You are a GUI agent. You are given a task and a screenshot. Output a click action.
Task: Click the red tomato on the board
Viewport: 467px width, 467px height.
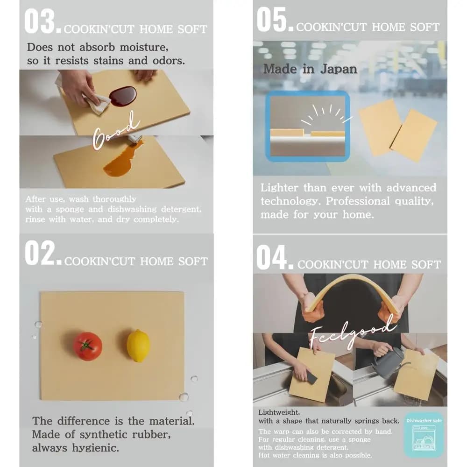pyautogui.click(x=88, y=346)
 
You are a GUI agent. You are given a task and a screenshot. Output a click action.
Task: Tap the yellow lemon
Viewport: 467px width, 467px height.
pyautogui.click(x=138, y=346)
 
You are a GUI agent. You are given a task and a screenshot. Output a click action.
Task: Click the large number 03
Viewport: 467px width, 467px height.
pyautogui.click(x=40, y=21)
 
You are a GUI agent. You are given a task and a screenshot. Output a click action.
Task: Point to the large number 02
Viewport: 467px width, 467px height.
pyautogui.click(x=40, y=253)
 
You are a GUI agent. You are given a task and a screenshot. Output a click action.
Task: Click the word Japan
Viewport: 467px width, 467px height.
pyautogui.click(x=339, y=69)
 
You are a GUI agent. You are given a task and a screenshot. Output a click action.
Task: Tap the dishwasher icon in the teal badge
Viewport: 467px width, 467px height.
pyautogui.click(x=424, y=438)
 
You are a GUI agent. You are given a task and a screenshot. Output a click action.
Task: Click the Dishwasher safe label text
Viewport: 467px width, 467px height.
pyautogui.click(x=424, y=421)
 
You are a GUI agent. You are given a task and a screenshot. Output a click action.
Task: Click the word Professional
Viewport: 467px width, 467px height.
pyautogui.click(x=357, y=201)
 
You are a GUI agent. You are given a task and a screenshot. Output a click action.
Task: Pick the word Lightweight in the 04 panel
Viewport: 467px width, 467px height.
pyautogui.click(x=279, y=412)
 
